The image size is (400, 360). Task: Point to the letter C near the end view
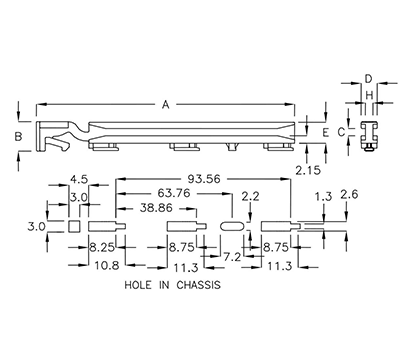pyautogui.click(x=341, y=131)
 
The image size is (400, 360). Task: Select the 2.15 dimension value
pyautogui.click(x=312, y=172)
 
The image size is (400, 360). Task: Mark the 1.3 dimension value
pyautogui.click(x=322, y=197)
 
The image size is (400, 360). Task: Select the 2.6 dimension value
pyautogui.click(x=349, y=194)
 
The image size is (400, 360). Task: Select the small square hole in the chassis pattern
pyautogui.click(x=74, y=227)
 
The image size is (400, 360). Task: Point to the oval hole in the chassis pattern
pyautogui.click(x=230, y=227)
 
